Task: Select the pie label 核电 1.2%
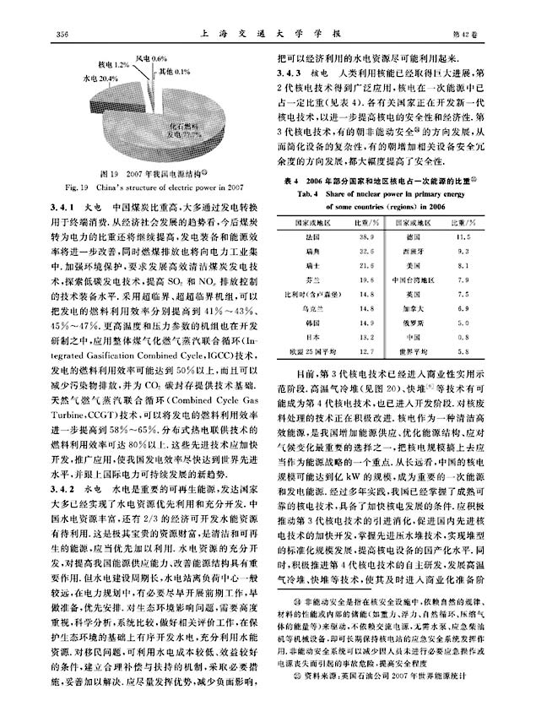point(115,64)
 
